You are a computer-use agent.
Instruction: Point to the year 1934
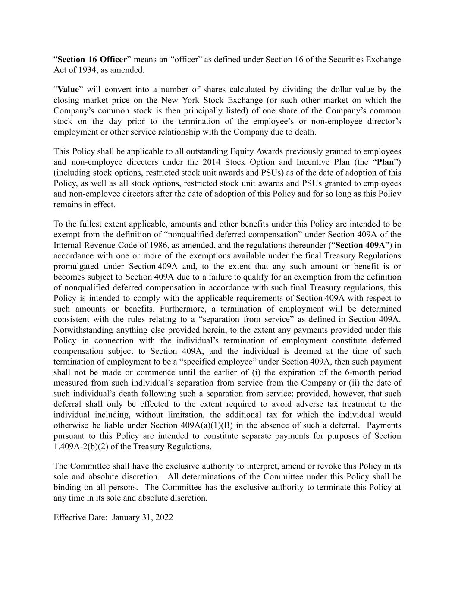(x=82, y=70)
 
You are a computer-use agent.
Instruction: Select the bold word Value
(x=68, y=90)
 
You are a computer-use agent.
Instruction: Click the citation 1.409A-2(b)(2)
(x=81, y=447)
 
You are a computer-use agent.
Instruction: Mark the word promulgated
(x=76, y=267)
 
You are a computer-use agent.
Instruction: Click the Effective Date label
(x=80, y=517)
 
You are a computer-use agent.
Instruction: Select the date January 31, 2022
(x=142, y=517)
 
